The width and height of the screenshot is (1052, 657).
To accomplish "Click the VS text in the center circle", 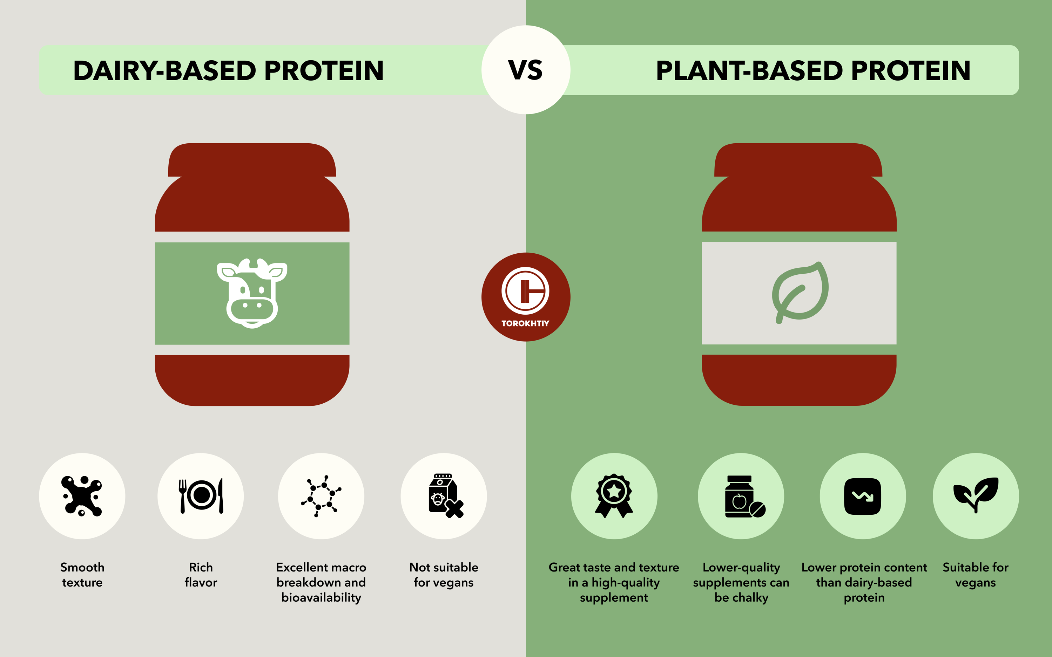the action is coord(525,70).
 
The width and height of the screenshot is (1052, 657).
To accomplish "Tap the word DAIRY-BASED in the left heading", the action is coord(164,70).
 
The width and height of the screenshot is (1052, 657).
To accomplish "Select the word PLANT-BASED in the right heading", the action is coord(749,70).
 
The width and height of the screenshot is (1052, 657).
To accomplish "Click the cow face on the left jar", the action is coord(252,293).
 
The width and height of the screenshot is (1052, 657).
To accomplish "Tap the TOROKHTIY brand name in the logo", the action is coord(525,323).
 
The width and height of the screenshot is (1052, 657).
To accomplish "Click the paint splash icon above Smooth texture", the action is coord(82,496).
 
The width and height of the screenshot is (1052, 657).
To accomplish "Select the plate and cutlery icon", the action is coord(201,496).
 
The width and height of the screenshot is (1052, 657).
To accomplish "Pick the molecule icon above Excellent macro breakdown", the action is coord(321,496).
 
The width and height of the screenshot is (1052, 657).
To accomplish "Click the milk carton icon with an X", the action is coord(446,496).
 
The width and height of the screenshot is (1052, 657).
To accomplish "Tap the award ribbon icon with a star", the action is coord(614,496).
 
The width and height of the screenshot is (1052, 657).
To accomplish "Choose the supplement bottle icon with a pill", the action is coord(745,496).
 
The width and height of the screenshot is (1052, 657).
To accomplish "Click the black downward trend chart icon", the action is coord(863,496).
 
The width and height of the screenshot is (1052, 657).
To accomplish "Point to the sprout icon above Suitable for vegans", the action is coord(976,495).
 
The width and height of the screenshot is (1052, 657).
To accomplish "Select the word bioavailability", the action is coord(321,597).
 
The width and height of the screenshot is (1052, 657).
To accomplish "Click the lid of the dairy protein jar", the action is coord(252,160).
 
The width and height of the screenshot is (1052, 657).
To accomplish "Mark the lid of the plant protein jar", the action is coord(798,160).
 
